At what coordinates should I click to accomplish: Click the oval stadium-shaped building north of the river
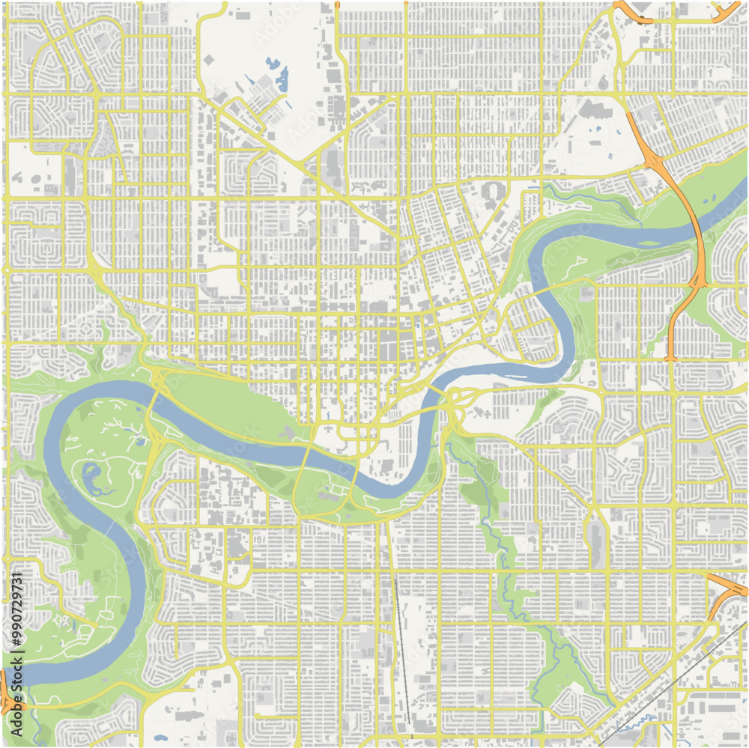click(x=491, y=191)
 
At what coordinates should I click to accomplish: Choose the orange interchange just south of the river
click(x=697, y=282)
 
